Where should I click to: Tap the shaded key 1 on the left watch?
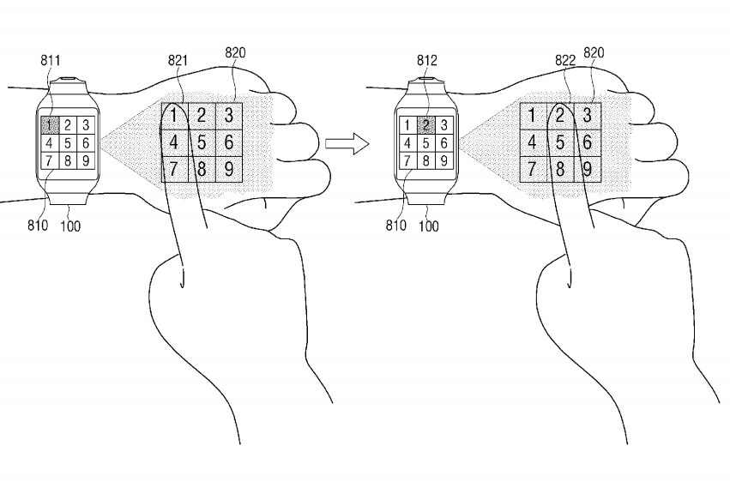point(51,125)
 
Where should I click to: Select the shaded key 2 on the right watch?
point(426,125)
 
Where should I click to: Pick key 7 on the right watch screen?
point(410,160)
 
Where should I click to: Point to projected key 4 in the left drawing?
point(174,142)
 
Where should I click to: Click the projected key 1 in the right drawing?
point(533,115)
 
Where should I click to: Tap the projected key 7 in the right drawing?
point(533,168)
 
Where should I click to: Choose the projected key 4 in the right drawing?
point(533,142)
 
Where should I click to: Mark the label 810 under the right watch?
point(397,227)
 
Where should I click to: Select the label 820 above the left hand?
point(235,53)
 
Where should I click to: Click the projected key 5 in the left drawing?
point(202,142)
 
